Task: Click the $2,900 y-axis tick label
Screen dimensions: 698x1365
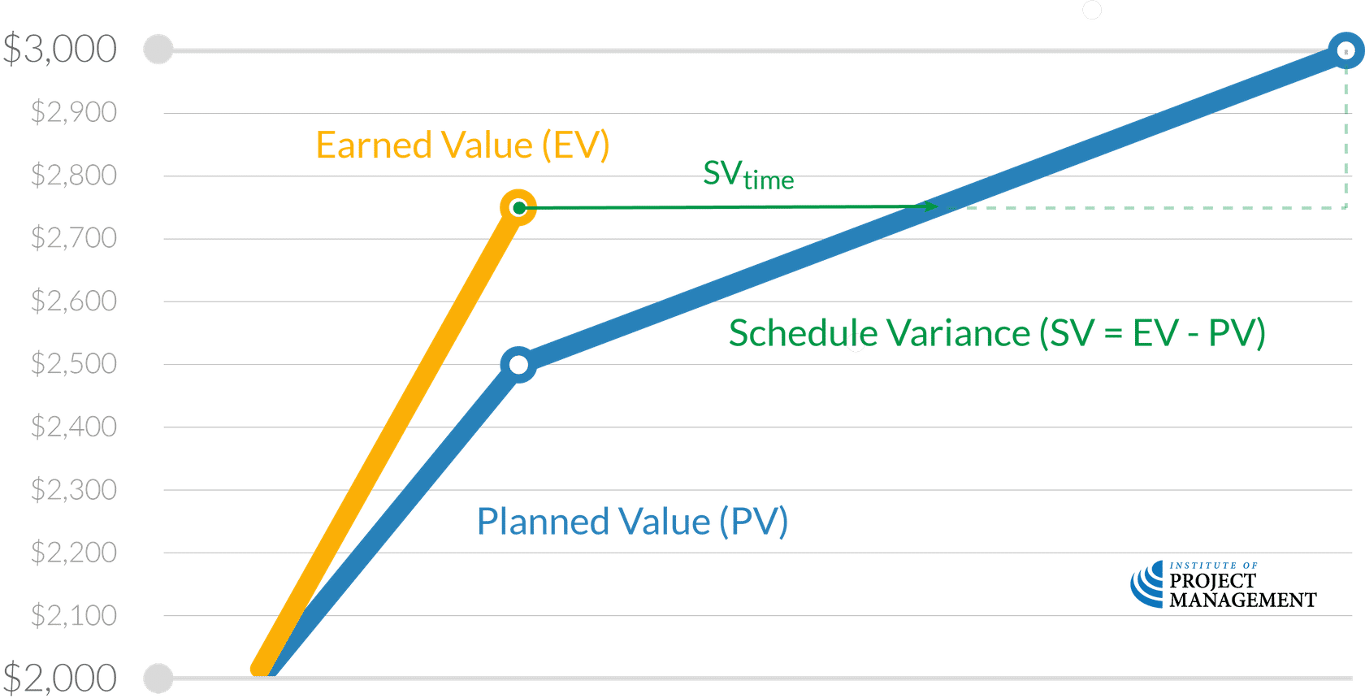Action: pyautogui.click(x=74, y=112)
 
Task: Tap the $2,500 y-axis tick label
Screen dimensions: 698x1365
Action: pyautogui.click(x=74, y=363)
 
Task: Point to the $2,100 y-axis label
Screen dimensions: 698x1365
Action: pyautogui.click(x=74, y=615)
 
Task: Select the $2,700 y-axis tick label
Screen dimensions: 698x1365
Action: pyautogui.click(x=74, y=238)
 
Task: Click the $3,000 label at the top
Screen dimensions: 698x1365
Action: pyautogui.click(x=60, y=50)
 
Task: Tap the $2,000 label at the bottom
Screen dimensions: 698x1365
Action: pyautogui.click(x=60, y=678)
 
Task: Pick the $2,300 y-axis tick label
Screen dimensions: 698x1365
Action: pyautogui.click(x=74, y=490)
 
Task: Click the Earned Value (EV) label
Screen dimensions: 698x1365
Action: pyautogui.click(x=462, y=146)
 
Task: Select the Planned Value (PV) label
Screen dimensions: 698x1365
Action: pyautogui.click(x=631, y=522)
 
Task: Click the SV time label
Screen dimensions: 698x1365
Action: pyautogui.click(x=748, y=176)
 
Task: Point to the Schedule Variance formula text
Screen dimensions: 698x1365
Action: pyautogui.click(x=997, y=333)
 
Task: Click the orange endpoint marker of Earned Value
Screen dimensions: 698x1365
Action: pyautogui.click(x=518, y=208)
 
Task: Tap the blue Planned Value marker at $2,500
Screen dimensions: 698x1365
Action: pyautogui.click(x=518, y=365)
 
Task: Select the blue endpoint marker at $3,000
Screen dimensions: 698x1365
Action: pyautogui.click(x=1345, y=50)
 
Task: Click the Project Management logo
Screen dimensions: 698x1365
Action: pyautogui.click(x=1222, y=585)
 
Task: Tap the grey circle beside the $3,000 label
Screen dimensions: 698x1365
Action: pyautogui.click(x=158, y=50)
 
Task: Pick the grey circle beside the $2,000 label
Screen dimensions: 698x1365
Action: pyautogui.click(x=158, y=678)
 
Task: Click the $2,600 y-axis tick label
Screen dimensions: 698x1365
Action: pyautogui.click(x=74, y=301)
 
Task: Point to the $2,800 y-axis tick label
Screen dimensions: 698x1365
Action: pyautogui.click(x=74, y=175)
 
